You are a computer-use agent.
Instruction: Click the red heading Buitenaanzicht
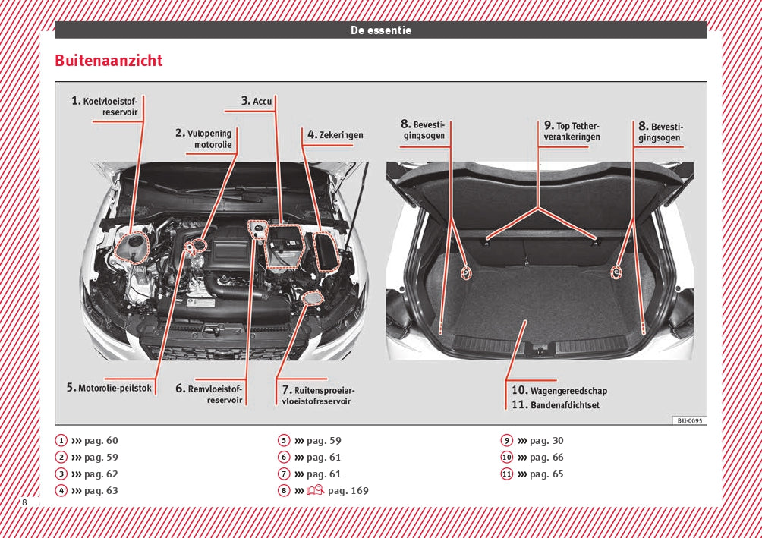click(109, 61)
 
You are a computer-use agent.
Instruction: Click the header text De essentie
click(381, 30)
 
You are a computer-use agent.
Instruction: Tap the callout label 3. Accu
click(257, 101)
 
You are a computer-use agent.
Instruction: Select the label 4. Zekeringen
click(335, 134)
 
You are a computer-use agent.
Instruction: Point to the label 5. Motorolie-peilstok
click(109, 388)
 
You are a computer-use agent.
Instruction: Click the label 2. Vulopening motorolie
click(204, 139)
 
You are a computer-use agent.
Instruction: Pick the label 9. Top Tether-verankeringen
click(572, 131)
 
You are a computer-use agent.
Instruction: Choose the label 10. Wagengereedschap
click(559, 390)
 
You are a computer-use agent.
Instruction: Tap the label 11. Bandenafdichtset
click(556, 405)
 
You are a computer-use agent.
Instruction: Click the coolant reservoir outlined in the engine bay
click(132, 247)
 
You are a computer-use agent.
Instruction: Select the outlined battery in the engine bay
click(283, 247)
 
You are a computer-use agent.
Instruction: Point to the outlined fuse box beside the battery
click(325, 251)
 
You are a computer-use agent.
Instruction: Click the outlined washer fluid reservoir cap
click(311, 297)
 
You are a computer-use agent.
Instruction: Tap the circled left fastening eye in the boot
click(466, 273)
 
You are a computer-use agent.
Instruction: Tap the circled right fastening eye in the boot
click(616, 272)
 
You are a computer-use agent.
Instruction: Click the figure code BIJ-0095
click(690, 420)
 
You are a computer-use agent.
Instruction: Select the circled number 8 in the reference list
click(284, 490)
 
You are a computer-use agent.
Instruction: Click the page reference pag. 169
click(348, 491)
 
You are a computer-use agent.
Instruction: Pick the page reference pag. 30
click(546, 441)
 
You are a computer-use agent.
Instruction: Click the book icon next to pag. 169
click(316, 490)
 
